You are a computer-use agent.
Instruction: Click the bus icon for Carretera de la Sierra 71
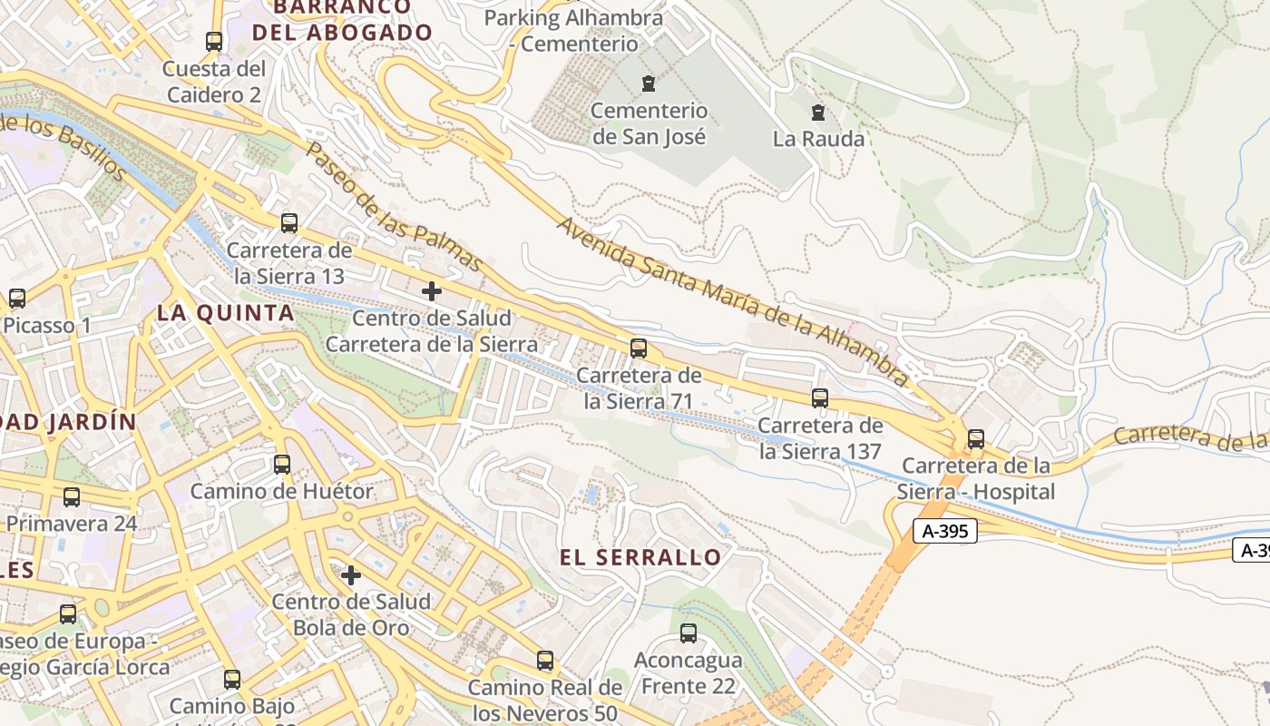click(639, 348)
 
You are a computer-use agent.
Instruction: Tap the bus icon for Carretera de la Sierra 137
click(820, 397)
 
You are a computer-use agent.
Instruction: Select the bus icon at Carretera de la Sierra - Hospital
click(976, 438)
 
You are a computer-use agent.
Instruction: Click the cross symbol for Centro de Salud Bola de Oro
click(351, 574)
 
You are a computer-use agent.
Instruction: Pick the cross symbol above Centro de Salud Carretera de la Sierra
click(432, 291)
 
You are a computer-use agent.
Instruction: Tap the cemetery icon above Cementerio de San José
click(648, 84)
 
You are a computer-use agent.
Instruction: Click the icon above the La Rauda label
click(818, 113)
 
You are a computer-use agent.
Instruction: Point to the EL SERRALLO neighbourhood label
click(640, 557)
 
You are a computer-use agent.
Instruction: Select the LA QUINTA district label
click(226, 313)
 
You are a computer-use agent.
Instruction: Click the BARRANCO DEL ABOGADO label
click(342, 20)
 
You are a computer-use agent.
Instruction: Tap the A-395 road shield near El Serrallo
click(944, 532)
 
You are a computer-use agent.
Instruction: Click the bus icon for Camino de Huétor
click(282, 465)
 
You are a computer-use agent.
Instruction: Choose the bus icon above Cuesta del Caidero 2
click(214, 41)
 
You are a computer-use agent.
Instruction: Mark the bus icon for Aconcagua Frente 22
click(689, 633)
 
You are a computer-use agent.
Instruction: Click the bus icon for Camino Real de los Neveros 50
click(545, 661)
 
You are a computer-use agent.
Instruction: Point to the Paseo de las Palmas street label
click(394, 208)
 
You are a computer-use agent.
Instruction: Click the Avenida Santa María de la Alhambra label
click(733, 300)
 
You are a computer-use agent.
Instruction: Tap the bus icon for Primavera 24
click(72, 497)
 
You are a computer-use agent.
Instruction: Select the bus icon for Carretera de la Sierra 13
click(289, 222)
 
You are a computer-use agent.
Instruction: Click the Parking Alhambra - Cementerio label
click(573, 31)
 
